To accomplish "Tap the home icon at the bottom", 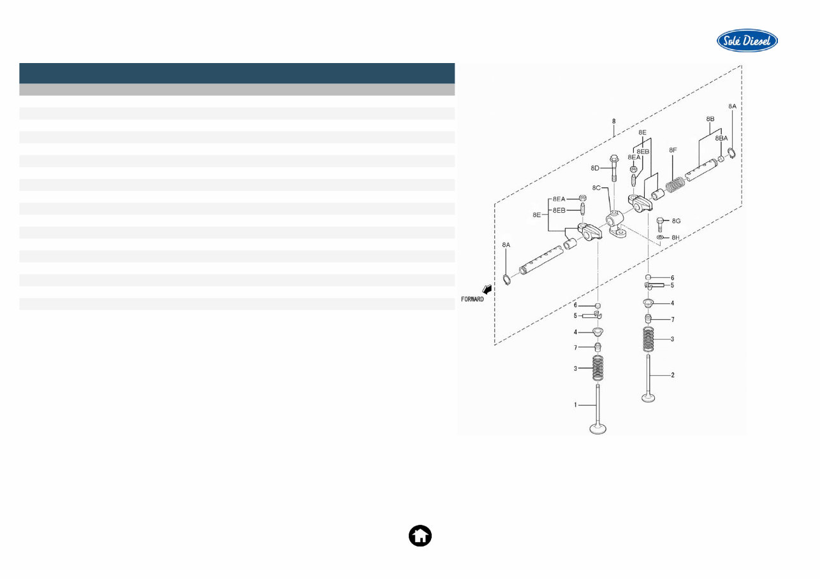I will (420, 536).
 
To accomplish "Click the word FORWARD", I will (472, 298).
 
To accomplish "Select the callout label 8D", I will (595, 168).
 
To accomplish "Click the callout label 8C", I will (597, 188).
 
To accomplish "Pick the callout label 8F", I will (672, 150).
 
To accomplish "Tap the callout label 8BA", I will (721, 138).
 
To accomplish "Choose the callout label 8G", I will (677, 220).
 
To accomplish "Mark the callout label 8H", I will (677, 237).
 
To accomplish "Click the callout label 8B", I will (710, 119).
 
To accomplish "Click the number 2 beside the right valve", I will (671, 375).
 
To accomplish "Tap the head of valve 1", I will (598, 429).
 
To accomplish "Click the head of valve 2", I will (649, 398).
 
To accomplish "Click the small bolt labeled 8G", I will (661, 223).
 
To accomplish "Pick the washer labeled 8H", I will (661, 238).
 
